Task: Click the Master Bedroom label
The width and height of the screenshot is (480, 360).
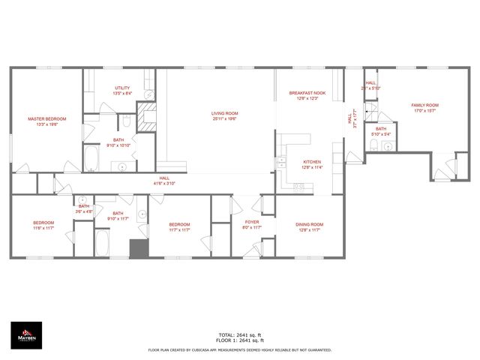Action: click(x=47, y=118)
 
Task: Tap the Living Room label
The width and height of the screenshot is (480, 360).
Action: click(x=224, y=113)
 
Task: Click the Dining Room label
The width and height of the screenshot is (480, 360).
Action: click(x=310, y=224)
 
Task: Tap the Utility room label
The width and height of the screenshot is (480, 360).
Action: click(x=123, y=88)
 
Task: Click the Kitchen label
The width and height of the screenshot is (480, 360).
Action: click(x=312, y=162)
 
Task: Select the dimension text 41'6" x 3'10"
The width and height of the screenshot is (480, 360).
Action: click(x=164, y=183)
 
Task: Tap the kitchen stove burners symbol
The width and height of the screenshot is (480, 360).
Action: click(x=298, y=186)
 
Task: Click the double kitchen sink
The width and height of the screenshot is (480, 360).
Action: click(x=282, y=160)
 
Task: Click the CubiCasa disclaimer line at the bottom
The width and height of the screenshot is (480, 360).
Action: click(x=239, y=349)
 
